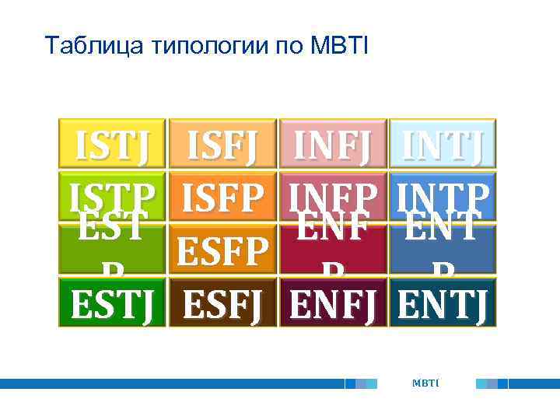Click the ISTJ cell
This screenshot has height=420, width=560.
tap(112, 145)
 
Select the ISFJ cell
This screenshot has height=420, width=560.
tap(222, 145)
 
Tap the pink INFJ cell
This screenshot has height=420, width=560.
tap(333, 145)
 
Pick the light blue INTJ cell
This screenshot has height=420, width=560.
tap(443, 145)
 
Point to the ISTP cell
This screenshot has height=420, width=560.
tap(112, 196)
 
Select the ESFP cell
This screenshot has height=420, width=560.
tap(222, 251)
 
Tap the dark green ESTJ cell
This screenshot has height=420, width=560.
tap(112, 303)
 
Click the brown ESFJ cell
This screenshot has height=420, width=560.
tap(222, 303)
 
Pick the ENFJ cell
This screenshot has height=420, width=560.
tap(333, 303)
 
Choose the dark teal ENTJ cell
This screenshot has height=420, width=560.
tap(443, 303)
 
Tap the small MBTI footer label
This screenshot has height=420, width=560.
tap(426, 383)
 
